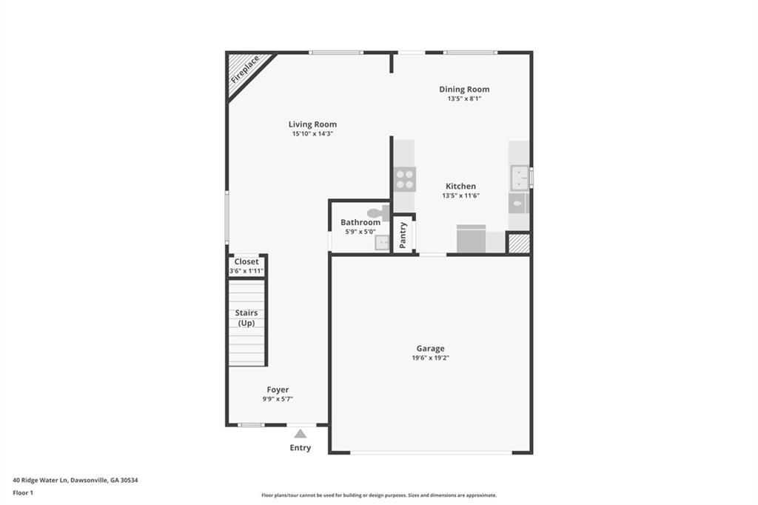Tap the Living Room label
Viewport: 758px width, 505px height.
pyautogui.click(x=312, y=124)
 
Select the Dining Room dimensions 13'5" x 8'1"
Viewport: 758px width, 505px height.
pyautogui.click(x=464, y=98)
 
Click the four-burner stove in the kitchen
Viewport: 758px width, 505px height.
pyautogui.click(x=404, y=179)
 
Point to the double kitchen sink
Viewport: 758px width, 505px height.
pyautogui.click(x=519, y=178)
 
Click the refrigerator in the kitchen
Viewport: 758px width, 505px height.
pyautogui.click(x=471, y=240)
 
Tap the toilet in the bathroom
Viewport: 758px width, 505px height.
pyautogui.click(x=378, y=213)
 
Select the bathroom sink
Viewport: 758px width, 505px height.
pyautogui.click(x=382, y=242)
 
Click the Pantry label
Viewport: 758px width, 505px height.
pyautogui.click(x=403, y=235)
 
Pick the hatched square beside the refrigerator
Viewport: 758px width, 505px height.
pyautogui.click(x=518, y=243)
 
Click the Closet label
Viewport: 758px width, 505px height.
pyautogui.click(x=246, y=261)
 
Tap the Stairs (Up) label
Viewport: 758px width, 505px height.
pyautogui.click(x=246, y=318)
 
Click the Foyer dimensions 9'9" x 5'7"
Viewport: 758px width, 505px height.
pyautogui.click(x=278, y=399)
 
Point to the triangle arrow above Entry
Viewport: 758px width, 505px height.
pyautogui.click(x=300, y=433)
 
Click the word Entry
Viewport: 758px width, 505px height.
pyautogui.click(x=300, y=448)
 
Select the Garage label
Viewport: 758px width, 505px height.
pyautogui.click(x=430, y=348)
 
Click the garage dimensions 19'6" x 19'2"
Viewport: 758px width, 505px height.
pyautogui.click(x=430, y=358)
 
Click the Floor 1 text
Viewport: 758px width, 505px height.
pyautogui.click(x=23, y=492)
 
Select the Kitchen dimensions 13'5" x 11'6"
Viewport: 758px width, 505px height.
pyautogui.click(x=460, y=195)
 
